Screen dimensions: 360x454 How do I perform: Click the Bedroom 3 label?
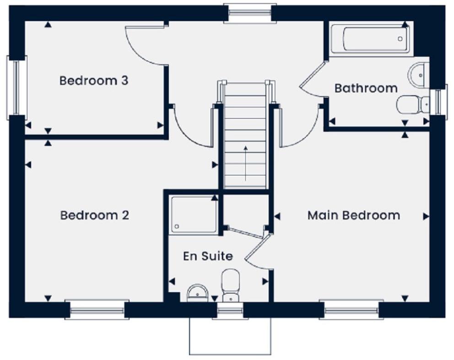pyautogui.click(x=94, y=81)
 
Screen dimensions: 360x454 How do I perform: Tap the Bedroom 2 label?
pyautogui.click(x=95, y=215)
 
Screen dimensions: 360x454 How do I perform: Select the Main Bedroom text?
pyautogui.click(x=353, y=215)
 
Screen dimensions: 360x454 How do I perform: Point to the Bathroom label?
pyautogui.click(x=366, y=88)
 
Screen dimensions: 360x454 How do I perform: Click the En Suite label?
pyautogui.click(x=208, y=256)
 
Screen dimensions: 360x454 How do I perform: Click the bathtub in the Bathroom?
pyautogui.click(x=369, y=38)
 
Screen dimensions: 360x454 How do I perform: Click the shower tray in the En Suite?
pyautogui.click(x=194, y=214)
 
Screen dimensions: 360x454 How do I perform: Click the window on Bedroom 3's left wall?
pyautogui.click(x=16, y=87)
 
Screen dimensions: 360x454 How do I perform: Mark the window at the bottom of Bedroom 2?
pyautogui.click(x=97, y=310)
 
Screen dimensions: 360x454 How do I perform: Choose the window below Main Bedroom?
pyautogui.click(x=351, y=310)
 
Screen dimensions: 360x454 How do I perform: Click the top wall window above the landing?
pyautogui.click(x=249, y=13)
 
